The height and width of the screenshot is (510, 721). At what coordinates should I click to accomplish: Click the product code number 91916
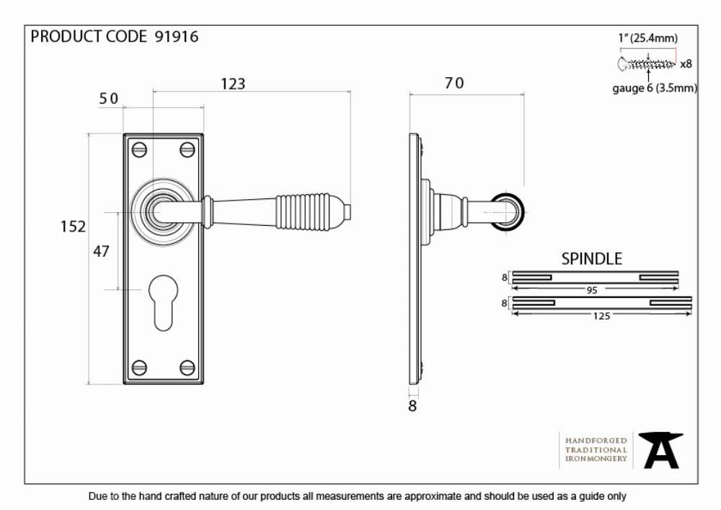tap(177, 36)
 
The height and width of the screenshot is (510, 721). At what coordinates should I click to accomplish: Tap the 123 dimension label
tap(233, 84)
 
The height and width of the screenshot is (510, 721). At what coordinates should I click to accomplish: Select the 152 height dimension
tap(73, 227)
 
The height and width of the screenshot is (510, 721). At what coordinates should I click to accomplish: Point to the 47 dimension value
tap(101, 251)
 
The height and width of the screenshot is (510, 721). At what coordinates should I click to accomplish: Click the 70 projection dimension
tap(454, 83)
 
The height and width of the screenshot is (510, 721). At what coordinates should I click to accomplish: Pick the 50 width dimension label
tap(109, 98)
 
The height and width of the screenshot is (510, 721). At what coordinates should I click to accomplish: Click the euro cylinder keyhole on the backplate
tap(163, 302)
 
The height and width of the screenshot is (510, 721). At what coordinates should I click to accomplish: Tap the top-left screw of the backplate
tap(139, 149)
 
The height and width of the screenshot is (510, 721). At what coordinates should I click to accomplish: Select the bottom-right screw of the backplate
tap(187, 367)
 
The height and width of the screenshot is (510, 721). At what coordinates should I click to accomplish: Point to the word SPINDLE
tap(591, 259)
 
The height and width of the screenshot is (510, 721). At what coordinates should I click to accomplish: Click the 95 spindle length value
tap(592, 290)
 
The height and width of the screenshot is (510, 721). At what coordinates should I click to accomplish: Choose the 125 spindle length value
tap(601, 316)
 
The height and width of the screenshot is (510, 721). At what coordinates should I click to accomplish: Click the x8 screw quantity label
tap(686, 64)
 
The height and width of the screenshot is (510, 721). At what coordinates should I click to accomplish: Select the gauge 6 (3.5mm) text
tap(655, 88)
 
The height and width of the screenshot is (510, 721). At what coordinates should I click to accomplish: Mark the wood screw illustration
tap(647, 64)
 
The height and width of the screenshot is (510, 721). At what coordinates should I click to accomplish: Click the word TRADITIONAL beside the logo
tap(596, 449)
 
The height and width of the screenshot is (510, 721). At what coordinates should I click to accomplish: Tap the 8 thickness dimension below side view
tap(412, 406)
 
